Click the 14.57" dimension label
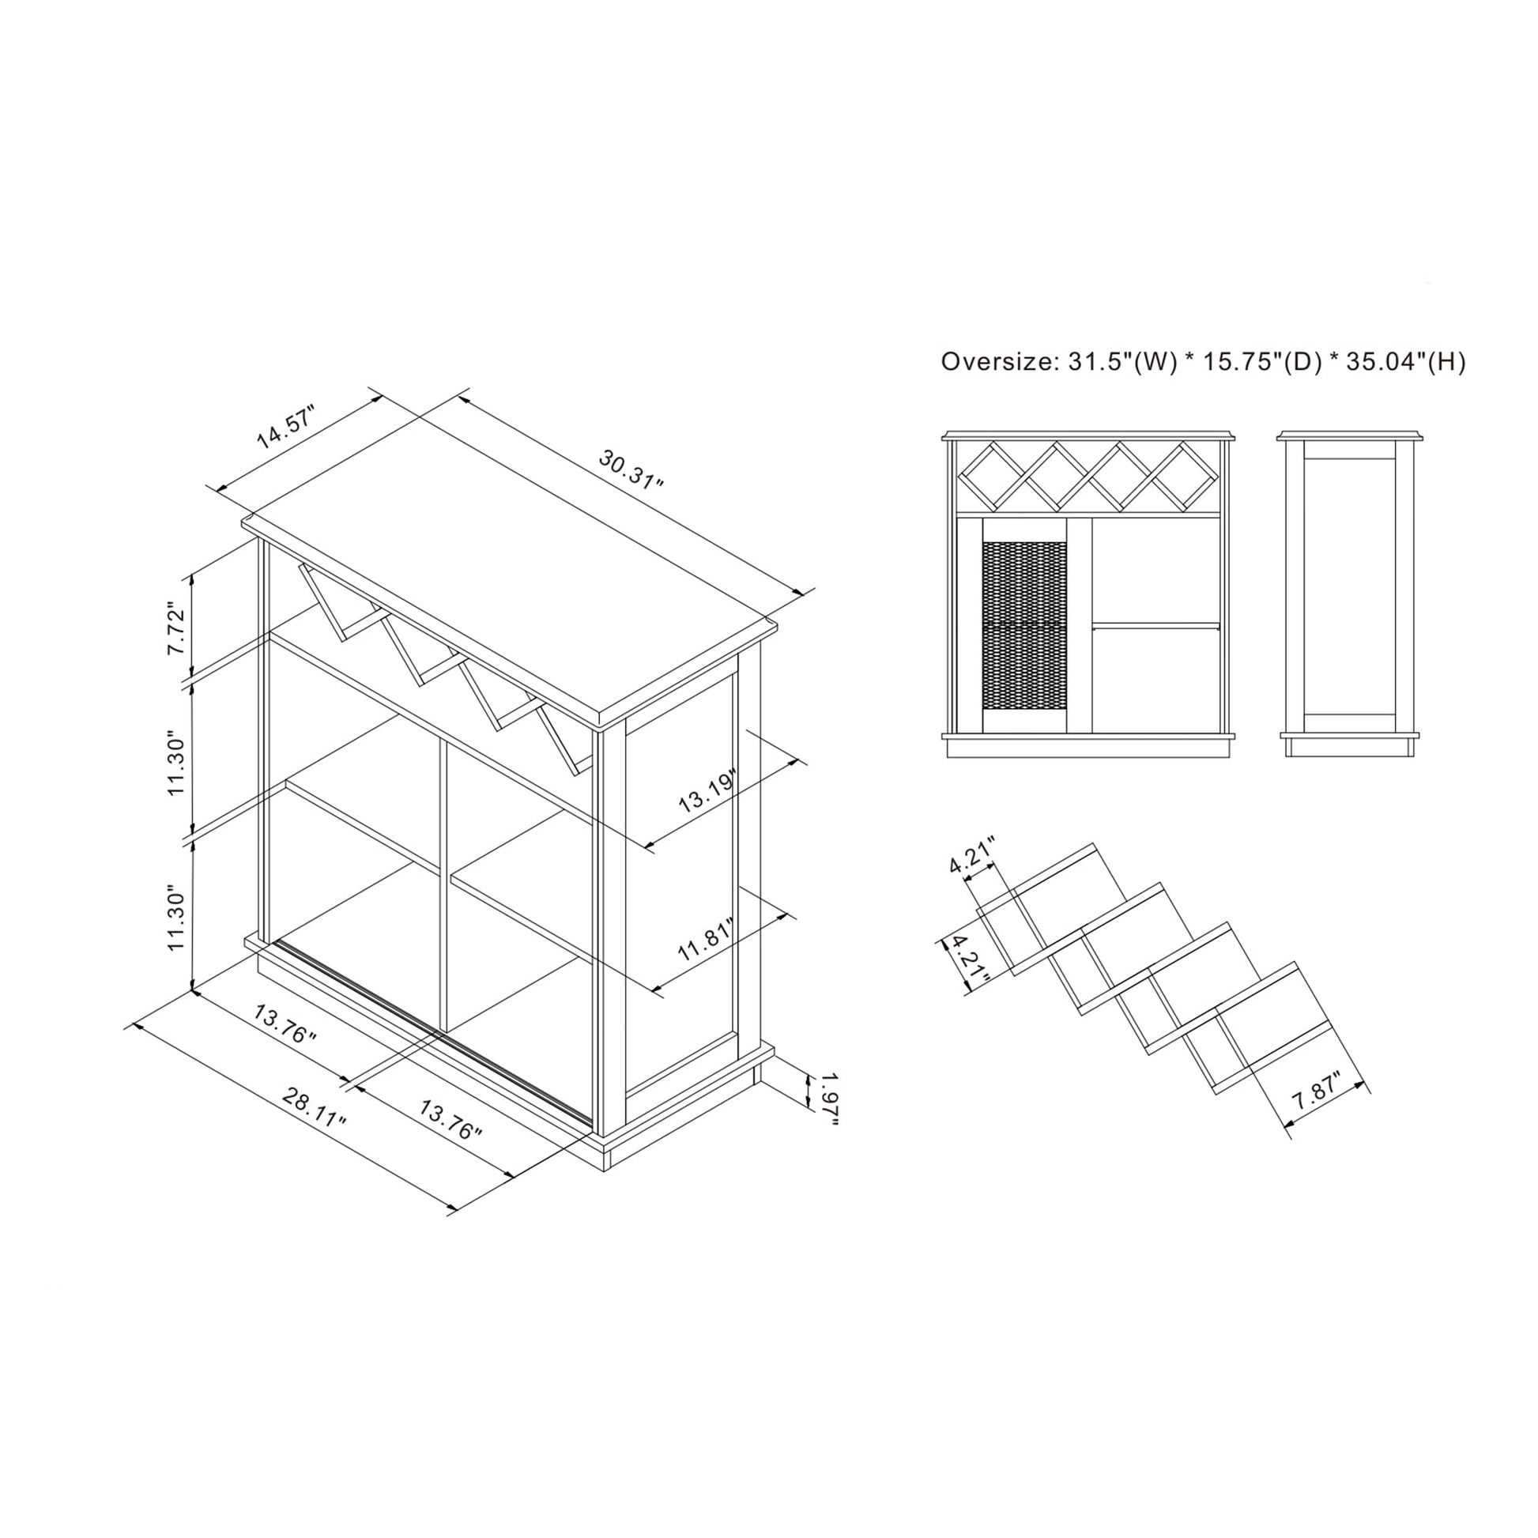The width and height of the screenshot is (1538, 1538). tap(286, 428)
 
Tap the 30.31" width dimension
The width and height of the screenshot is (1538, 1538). tap(631, 470)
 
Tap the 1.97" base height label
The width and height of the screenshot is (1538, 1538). tap(829, 1099)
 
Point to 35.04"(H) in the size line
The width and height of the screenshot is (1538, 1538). tap(1406, 362)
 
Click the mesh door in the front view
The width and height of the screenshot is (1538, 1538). tap(1024, 626)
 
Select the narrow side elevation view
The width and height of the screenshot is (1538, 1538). tap(1348, 594)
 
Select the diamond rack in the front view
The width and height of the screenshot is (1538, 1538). tap(1088, 476)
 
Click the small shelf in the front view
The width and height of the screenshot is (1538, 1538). tap(1156, 626)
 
